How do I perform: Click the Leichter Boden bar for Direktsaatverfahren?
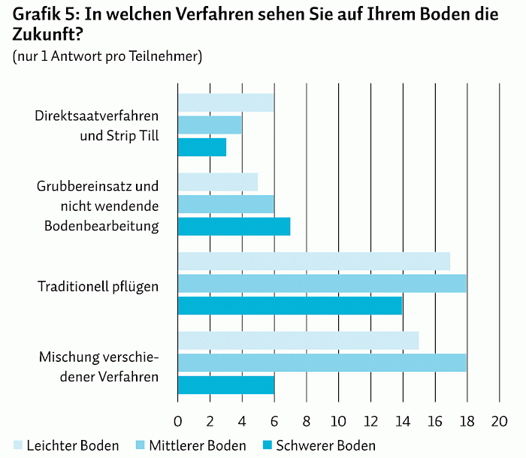pyautogui.click(x=226, y=103)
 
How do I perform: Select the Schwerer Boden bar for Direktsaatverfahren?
pyautogui.click(x=202, y=147)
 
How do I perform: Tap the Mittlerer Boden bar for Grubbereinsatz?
pyautogui.click(x=226, y=204)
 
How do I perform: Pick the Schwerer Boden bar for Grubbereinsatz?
pyautogui.click(x=234, y=226)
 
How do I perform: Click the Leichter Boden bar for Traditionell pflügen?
pyautogui.click(x=314, y=261)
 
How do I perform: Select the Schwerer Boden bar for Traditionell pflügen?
pyautogui.click(x=290, y=306)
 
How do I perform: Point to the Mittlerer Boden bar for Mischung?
pyautogui.click(x=322, y=363)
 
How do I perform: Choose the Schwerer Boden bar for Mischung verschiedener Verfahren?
pyautogui.click(x=226, y=385)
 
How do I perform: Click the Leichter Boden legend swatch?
pyautogui.click(x=18, y=445)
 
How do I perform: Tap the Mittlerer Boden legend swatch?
pyautogui.click(x=141, y=445)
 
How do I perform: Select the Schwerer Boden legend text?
pyautogui.click(x=325, y=445)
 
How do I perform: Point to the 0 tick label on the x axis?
pyautogui.click(x=178, y=421)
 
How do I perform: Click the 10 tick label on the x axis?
pyautogui.click(x=338, y=421)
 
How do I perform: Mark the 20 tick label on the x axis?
pyautogui.click(x=499, y=421)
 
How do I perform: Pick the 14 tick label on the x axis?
pyautogui.click(x=403, y=421)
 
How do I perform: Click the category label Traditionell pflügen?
pyautogui.click(x=98, y=287)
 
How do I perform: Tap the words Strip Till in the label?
pyautogui.click(x=133, y=136)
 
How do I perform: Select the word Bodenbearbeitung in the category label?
pyautogui.click(x=101, y=226)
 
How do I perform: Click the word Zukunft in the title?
pyautogui.click(x=47, y=35)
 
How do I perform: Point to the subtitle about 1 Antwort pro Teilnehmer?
pyautogui.click(x=107, y=56)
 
